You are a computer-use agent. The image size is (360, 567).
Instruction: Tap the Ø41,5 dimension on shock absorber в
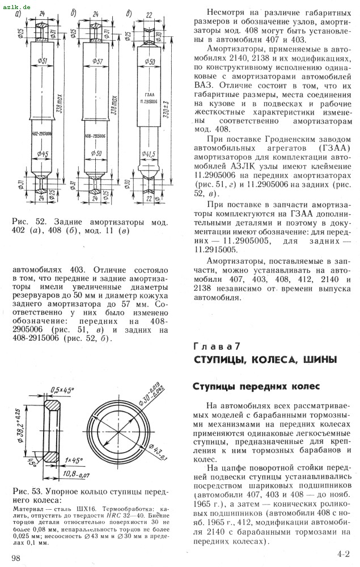pyautogui.click(x=149, y=153)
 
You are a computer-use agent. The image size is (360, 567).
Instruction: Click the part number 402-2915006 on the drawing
pyautogui.click(x=43, y=134)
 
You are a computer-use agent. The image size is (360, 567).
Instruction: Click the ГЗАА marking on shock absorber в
pyautogui.click(x=149, y=95)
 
